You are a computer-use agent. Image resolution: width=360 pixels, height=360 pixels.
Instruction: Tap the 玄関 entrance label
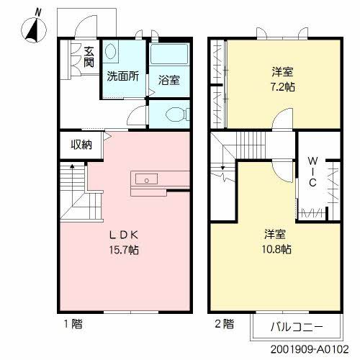(88, 57)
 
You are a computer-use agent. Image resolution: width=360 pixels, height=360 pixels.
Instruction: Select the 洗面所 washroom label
(123, 76)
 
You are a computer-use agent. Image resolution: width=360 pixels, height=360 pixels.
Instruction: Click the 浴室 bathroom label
(168, 79)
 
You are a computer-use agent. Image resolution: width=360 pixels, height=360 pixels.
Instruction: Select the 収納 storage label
(81, 145)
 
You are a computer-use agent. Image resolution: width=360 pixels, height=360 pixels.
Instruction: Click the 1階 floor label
(72, 324)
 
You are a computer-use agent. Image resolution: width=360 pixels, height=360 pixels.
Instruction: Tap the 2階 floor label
(224, 324)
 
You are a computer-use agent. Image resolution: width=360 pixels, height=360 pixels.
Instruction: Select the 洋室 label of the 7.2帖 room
(282, 71)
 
